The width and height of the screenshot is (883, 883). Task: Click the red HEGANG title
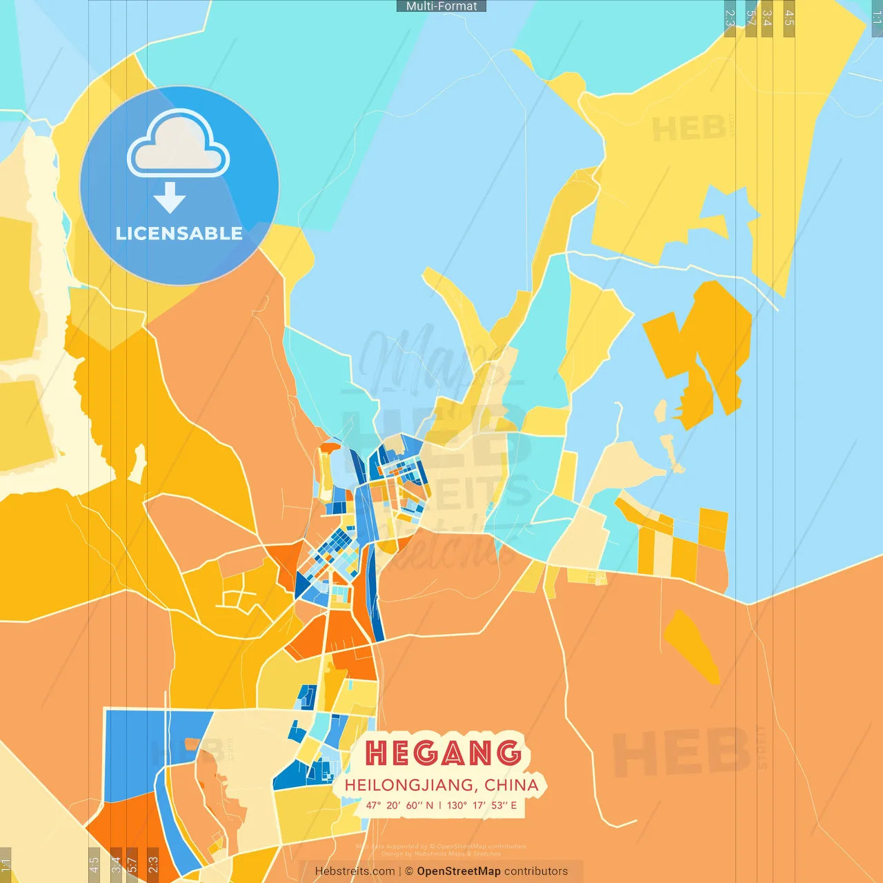[x=443, y=753]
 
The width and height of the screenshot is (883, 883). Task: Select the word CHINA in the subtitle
[x=511, y=785]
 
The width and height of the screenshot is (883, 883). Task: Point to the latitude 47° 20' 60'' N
[x=399, y=805]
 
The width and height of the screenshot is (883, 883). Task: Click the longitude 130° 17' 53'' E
[x=482, y=805]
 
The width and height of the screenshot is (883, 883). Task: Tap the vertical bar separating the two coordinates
[x=440, y=805]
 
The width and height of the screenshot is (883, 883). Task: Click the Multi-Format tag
[x=441, y=6]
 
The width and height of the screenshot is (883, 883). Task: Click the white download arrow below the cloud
[x=170, y=197]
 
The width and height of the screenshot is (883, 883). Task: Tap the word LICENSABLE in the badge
[x=179, y=233]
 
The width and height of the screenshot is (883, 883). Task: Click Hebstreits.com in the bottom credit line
[x=355, y=871]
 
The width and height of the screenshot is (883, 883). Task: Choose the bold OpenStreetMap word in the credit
[x=458, y=871]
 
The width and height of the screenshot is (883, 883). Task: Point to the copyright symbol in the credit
[x=409, y=871]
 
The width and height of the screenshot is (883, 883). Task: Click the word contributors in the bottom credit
[x=536, y=871]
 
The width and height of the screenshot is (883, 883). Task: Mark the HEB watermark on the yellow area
[x=688, y=128]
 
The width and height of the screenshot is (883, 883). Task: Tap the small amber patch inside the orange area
[x=690, y=645]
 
